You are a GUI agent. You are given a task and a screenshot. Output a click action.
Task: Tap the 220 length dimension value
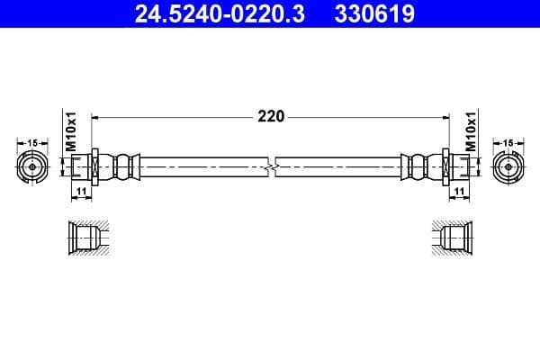[x=271, y=116]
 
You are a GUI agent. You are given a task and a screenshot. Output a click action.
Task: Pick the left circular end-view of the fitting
[x=33, y=166]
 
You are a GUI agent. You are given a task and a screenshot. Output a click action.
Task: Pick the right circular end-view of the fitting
[x=508, y=166]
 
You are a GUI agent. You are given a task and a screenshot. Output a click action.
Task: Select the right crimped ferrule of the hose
[x=417, y=166]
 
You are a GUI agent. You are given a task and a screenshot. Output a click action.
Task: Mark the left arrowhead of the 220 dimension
[x=96, y=116]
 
